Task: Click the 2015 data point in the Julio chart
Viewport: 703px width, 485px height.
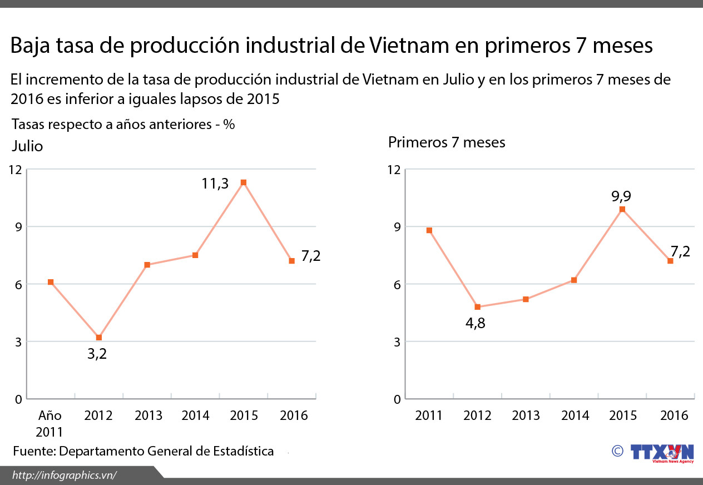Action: pos(243,182)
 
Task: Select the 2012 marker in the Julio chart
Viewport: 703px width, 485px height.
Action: pos(99,338)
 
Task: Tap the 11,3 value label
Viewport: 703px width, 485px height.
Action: pos(215,183)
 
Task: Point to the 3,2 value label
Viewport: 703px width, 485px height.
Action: pos(97,354)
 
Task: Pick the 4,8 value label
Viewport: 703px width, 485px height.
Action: pos(476,323)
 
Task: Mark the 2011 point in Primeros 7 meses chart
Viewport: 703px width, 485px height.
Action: pos(429,230)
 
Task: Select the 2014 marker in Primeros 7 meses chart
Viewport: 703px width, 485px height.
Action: pos(574,280)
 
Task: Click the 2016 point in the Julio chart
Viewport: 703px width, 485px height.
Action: pos(291,261)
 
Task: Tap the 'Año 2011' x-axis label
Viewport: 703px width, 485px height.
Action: pos(49,423)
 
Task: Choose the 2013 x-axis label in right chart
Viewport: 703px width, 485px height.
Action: pos(526,415)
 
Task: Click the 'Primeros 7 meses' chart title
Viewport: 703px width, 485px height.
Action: pos(447,142)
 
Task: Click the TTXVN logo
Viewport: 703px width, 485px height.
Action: pos(662,452)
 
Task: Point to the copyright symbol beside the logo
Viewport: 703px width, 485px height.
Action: pos(617,451)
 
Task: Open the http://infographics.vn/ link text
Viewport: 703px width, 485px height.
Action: pos(65,475)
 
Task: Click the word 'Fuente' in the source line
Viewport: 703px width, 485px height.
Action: pos(33,451)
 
